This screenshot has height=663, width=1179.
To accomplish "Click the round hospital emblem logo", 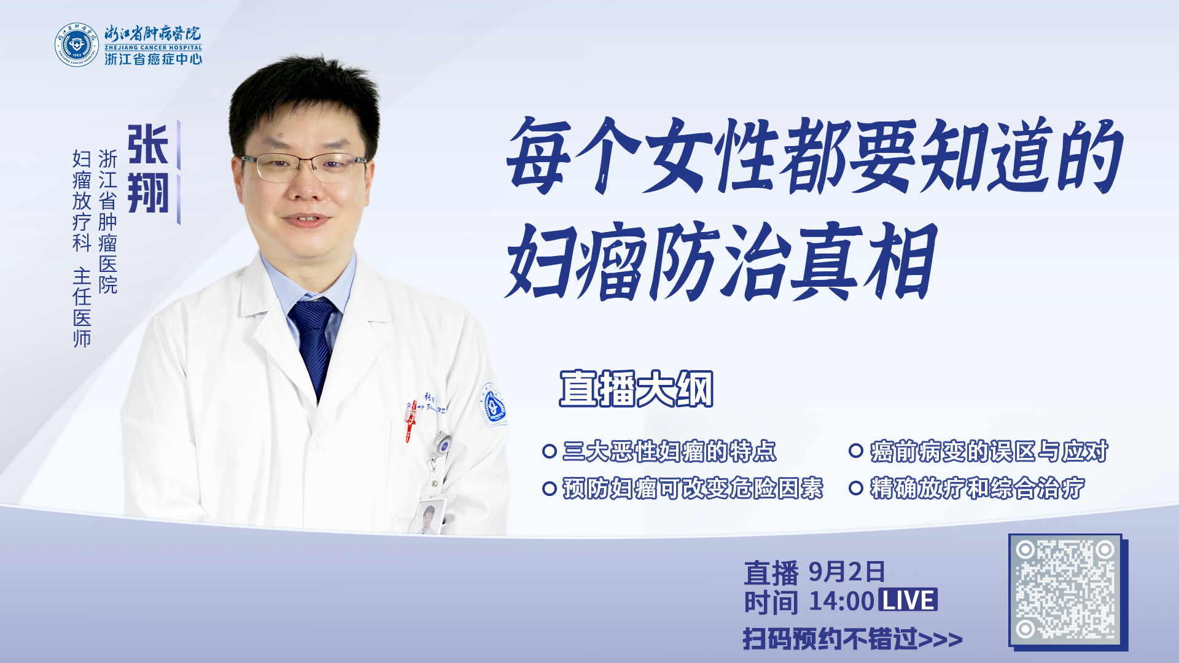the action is click(77, 45).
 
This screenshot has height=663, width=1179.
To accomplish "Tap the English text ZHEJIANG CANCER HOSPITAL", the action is click(154, 47).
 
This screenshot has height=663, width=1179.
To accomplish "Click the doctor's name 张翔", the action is click(148, 169).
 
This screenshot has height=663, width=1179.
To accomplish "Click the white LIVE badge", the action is click(908, 600).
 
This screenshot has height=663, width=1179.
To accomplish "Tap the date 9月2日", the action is click(847, 572).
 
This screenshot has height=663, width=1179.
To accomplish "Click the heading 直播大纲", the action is click(636, 389).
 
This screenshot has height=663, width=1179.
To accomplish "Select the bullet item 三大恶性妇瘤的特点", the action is click(669, 451).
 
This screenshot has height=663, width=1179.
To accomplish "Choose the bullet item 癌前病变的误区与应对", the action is click(989, 451).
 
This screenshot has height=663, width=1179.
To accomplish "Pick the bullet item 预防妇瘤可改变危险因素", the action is click(693, 488).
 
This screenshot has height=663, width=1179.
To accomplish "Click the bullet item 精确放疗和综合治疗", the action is click(977, 488).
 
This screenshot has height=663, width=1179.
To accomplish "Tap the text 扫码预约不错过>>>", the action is click(852, 639).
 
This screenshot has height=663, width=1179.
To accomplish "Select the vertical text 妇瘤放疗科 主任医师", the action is click(82, 248).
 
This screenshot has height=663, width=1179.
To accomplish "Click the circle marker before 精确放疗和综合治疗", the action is click(856, 488).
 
